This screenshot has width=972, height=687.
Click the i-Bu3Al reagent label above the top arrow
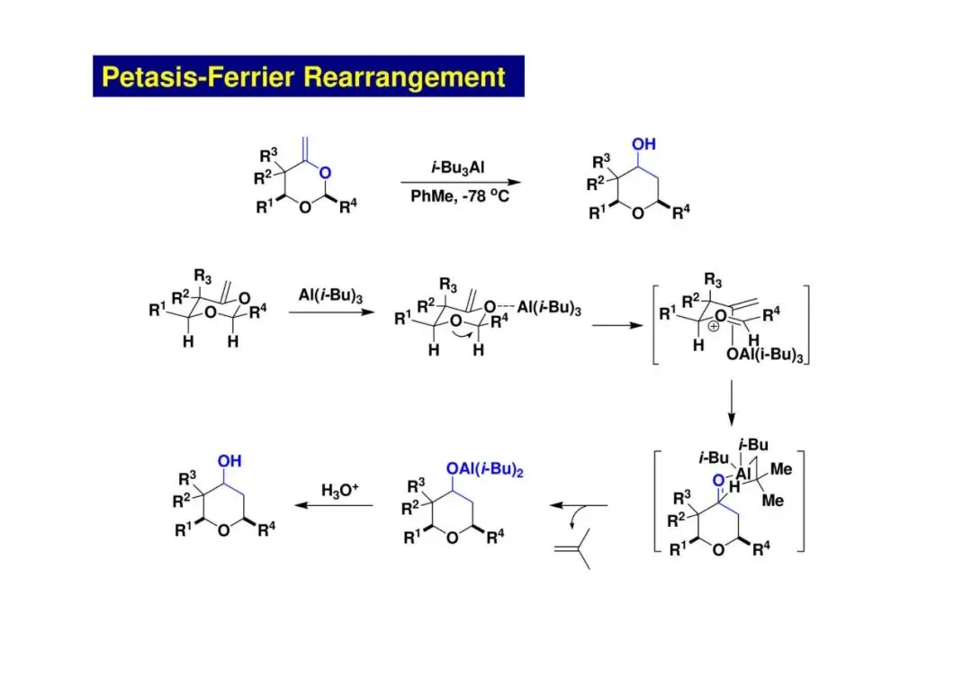pos(459,167)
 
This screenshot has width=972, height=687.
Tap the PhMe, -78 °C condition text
pos(459,195)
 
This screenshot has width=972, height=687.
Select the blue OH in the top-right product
pos(643,144)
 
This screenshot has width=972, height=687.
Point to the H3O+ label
pos(339,490)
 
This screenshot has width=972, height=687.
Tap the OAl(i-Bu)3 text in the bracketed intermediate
pos(764,355)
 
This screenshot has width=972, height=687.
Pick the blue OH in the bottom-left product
pos(229,461)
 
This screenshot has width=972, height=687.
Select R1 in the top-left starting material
pos(264,208)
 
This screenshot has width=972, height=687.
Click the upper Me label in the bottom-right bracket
pos(780,470)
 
